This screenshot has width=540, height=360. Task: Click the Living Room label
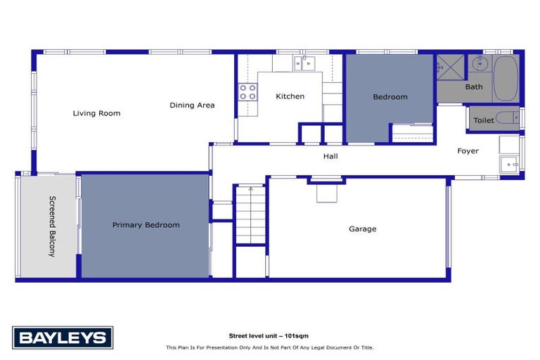(x=96, y=112)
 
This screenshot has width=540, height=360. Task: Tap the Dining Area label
(x=192, y=105)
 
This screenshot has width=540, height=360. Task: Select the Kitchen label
(x=290, y=96)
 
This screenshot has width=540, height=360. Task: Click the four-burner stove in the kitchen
(x=247, y=91)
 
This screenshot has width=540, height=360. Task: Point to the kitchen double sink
(x=307, y=64)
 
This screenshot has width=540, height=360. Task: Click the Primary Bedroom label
(x=146, y=225)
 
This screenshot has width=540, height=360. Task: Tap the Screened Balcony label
(x=51, y=226)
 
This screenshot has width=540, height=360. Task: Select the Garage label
(x=363, y=229)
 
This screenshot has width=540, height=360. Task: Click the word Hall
(x=330, y=156)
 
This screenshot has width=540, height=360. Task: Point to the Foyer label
(x=468, y=151)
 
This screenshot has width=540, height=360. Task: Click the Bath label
(x=474, y=87)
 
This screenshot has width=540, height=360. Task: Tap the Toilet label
(x=483, y=120)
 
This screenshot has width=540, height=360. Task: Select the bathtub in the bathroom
(x=505, y=79)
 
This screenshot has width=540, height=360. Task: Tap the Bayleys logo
(x=63, y=337)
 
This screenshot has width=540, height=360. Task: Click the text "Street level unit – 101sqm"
(x=270, y=336)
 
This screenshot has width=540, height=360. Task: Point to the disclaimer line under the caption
(x=270, y=347)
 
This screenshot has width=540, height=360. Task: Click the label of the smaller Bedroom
(x=390, y=97)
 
